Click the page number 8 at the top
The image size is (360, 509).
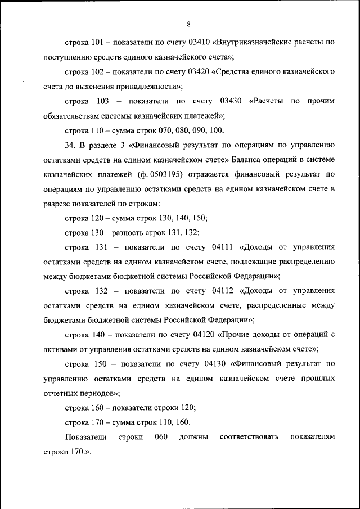click(189, 23)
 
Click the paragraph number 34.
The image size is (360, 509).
click(70, 145)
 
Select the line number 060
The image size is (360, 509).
click(161, 438)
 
